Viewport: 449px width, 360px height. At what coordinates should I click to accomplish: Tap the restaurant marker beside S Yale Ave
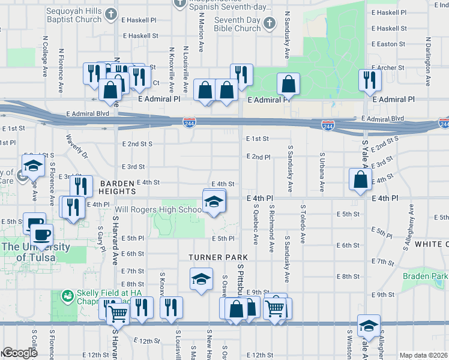click(369, 80)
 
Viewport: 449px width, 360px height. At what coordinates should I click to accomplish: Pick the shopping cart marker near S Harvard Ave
click(117, 313)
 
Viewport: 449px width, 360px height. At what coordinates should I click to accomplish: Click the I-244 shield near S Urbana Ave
click(328, 125)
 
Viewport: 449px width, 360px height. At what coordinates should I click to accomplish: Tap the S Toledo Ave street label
click(303, 224)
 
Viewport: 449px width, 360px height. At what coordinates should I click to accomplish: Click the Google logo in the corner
click(20, 353)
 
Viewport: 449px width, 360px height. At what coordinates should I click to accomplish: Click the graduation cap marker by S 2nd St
click(33, 166)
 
